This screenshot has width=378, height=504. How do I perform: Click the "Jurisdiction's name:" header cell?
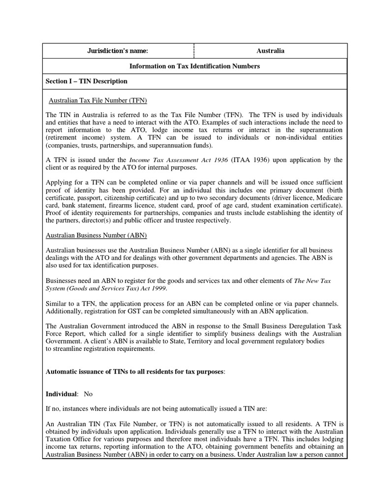118,51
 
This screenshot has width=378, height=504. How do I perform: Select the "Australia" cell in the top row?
270,51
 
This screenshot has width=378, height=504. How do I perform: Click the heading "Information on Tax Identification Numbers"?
194,66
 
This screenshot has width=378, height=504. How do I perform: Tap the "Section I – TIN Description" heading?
86,81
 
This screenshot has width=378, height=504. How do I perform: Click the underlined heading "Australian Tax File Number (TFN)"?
98,100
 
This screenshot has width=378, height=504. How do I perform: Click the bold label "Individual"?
62,394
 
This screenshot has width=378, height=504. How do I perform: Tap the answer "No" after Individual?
88,394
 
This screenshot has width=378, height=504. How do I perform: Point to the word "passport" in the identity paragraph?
87,197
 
